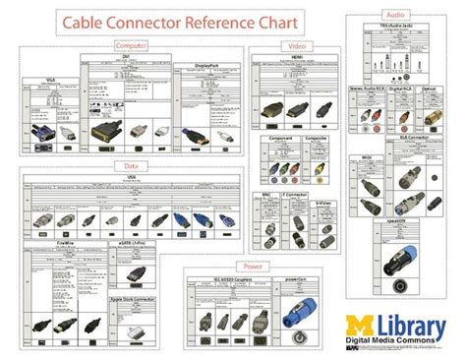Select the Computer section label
pyautogui.click(x=132, y=45)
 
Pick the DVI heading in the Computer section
pyautogui.click(x=126, y=58)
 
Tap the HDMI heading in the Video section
pyautogui.click(x=296, y=58)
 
